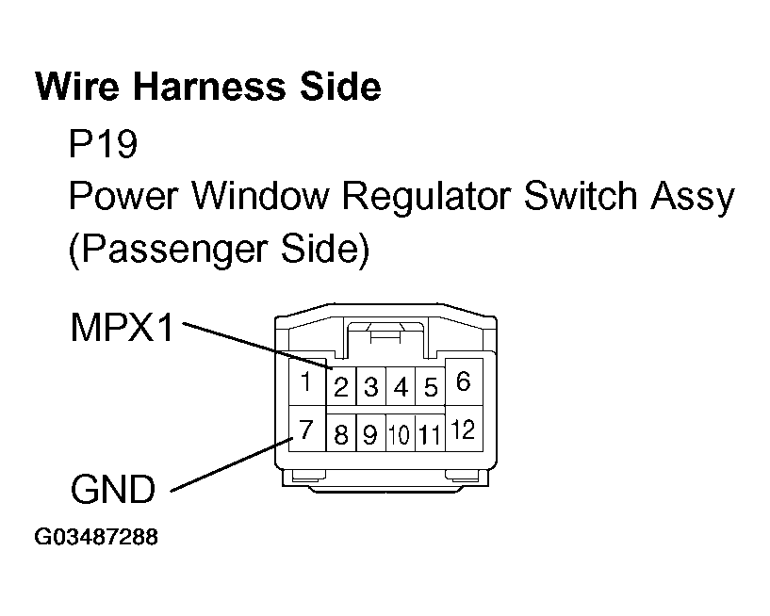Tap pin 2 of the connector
[341, 387]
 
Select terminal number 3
[371, 387]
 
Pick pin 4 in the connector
[401, 387]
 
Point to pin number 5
[430, 387]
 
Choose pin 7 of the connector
[305, 430]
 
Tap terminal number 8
[341, 435]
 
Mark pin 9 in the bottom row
[370, 435]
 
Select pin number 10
[400, 435]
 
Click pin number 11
[430, 435]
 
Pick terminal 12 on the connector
[463, 430]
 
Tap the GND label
[112, 490]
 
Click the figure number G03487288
[96, 538]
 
